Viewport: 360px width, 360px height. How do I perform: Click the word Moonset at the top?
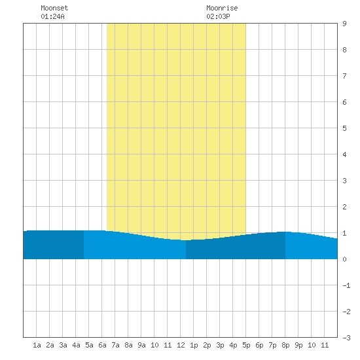click(x=54, y=8)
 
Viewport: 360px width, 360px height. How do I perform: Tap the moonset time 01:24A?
click(x=52, y=16)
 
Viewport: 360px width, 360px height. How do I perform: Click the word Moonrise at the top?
click(x=222, y=8)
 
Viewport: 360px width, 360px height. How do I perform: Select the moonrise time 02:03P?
click(x=218, y=16)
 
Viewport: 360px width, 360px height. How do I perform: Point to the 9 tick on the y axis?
click(x=344, y=24)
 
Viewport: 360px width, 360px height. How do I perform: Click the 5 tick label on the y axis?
click(x=344, y=128)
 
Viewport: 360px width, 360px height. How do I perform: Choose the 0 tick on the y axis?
click(x=344, y=259)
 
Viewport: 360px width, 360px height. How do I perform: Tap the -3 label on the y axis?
click(x=346, y=338)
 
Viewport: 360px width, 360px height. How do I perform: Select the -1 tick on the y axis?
click(x=346, y=285)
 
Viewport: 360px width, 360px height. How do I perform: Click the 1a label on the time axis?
click(x=37, y=345)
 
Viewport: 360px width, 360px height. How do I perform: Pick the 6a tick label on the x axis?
click(x=102, y=345)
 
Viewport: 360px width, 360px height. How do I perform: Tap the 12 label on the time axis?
click(x=181, y=345)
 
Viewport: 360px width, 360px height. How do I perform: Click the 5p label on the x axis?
click(x=246, y=345)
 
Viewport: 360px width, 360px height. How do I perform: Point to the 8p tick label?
click(x=285, y=345)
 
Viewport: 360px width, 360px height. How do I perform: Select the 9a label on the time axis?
click(x=141, y=345)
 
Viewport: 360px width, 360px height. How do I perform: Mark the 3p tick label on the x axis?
click(x=220, y=345)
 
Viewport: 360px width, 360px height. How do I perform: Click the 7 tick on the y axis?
click(x=344, y=76)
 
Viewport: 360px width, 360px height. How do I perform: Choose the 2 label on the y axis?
click(x=344, y=207)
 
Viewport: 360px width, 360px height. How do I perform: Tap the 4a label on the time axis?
click(x=76, y=345)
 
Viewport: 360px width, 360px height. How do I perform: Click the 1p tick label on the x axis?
click(x=194, y=345)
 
